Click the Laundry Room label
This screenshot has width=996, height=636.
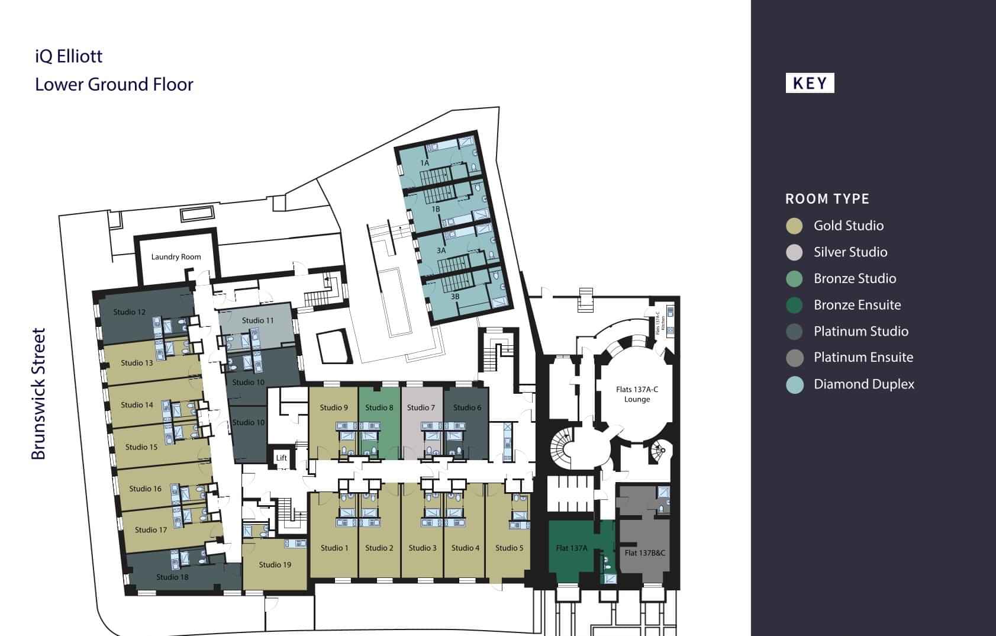176,256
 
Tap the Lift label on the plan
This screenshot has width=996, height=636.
282,458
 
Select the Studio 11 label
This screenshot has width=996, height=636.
257,320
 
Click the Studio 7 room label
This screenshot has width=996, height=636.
421,407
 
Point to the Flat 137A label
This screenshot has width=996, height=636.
571,548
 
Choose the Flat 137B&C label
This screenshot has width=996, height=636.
644,553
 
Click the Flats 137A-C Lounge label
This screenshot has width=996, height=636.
637,394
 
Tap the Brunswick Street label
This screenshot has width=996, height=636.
38,394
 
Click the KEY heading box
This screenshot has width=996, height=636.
810,83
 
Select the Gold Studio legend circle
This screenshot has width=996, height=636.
794,226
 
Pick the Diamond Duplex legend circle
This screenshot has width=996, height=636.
794,384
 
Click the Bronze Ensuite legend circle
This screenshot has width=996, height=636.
794,305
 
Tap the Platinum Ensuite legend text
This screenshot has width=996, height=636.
863,357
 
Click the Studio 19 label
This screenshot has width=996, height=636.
275,564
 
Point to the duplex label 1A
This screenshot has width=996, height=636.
424,162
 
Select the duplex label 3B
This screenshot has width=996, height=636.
455,296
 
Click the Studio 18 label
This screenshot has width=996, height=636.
172,577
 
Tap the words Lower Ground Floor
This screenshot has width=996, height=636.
114,84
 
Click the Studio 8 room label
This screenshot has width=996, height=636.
379,407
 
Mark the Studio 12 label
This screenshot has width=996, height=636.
129,312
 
